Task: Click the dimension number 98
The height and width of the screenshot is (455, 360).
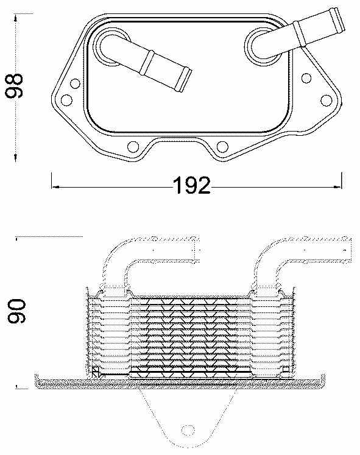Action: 15,86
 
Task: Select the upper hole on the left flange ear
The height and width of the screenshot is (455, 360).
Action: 75,85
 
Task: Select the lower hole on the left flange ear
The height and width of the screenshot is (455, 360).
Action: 68,99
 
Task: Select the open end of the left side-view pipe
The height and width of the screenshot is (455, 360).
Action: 198,250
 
